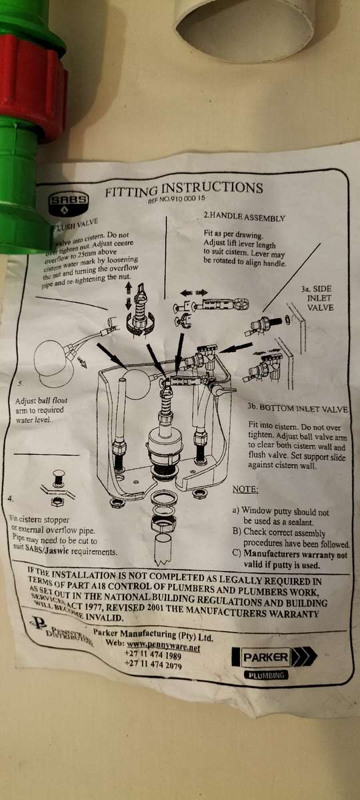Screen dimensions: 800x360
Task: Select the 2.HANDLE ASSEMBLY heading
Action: (x=243, y=217)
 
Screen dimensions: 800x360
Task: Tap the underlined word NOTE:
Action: (x=245, y=489)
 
